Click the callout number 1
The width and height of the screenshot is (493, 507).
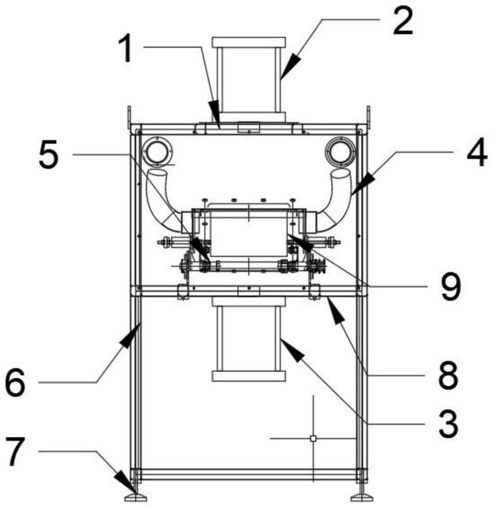pyautogui.click(x=125, y=49)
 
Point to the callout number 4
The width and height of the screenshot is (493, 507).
pyautogui.click(x=477, y=153)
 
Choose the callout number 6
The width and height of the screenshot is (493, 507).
pyautogui.click(x=15, y=383)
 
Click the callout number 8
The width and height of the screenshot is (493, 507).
pyautogui.click(x=449, y=375)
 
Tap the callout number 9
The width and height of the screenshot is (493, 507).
pyautogui.click(x=451, y=286)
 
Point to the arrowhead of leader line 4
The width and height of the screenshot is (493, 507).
pyautogui.click(x=363, y=185)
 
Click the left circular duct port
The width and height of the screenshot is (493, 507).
pyautogui.click(x=157, y=151)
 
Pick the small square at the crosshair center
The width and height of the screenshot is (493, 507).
pyautogui.click(x=313, y=439)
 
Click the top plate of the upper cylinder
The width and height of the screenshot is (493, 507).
pyautogui.click(x=248, y=42)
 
